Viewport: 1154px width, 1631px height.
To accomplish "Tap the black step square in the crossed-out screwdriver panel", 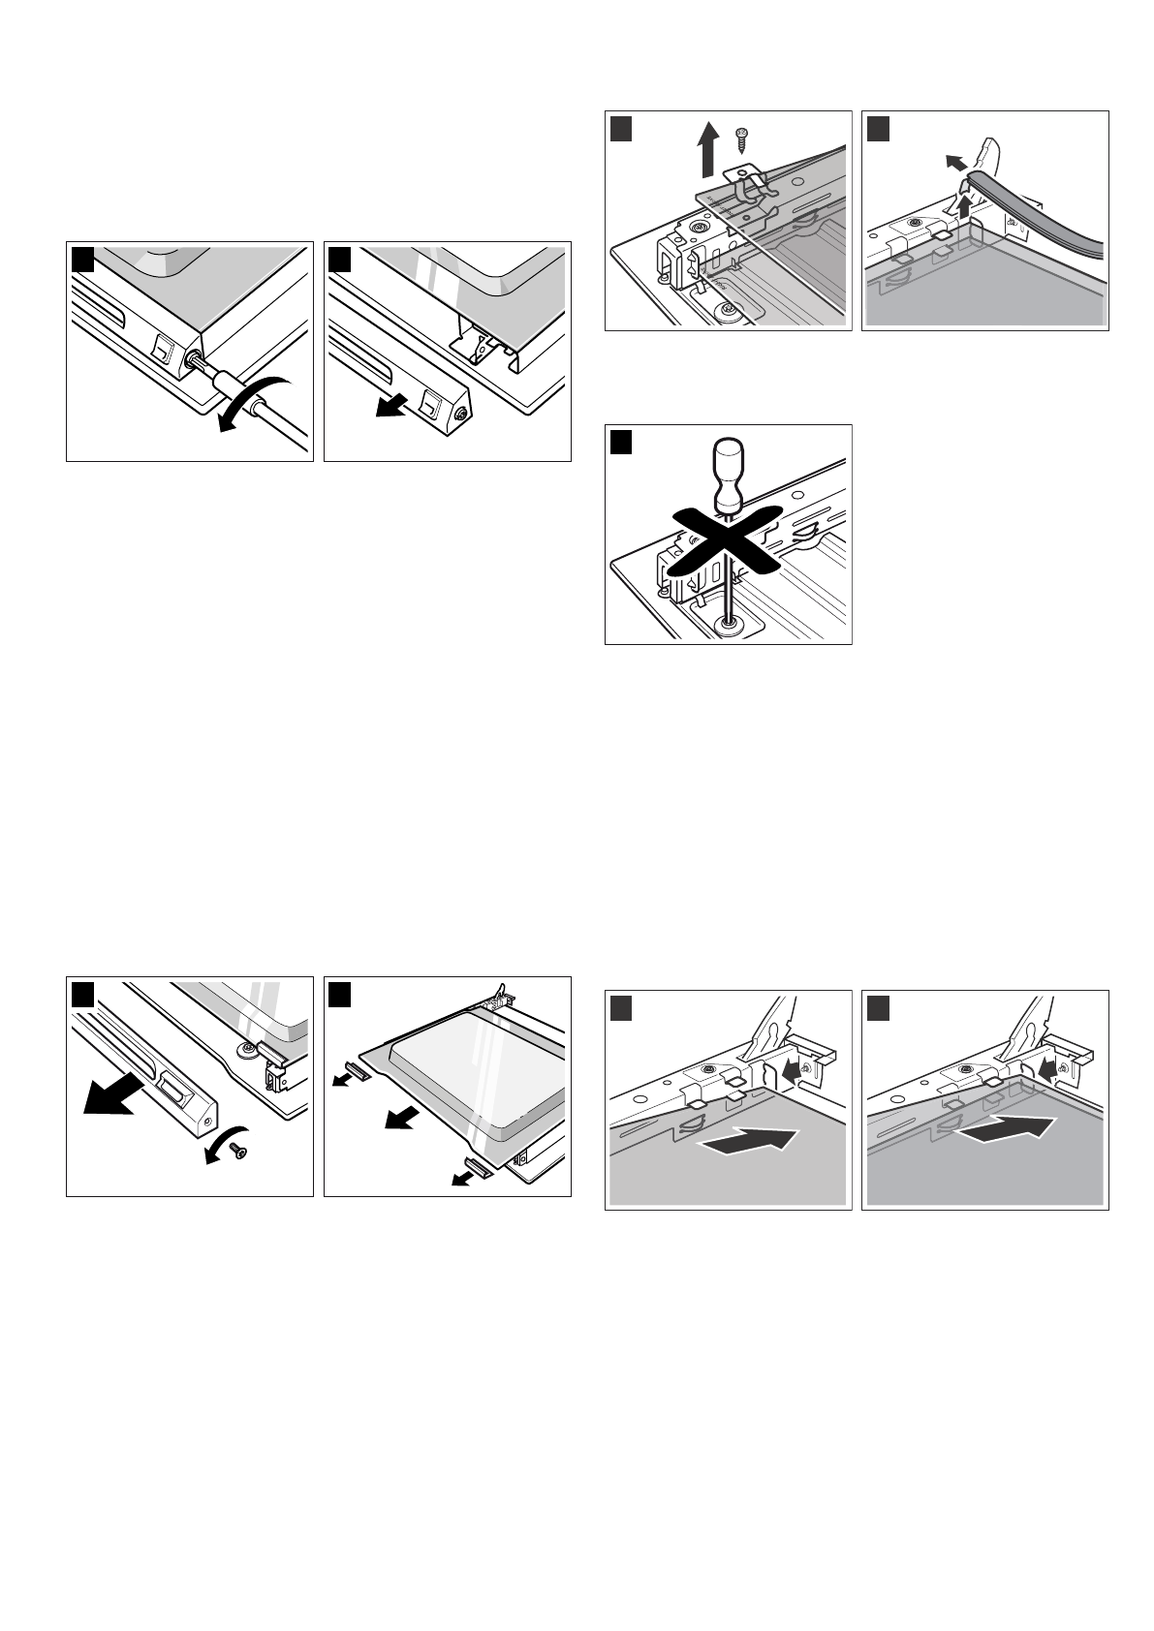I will (x=621, y=443).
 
